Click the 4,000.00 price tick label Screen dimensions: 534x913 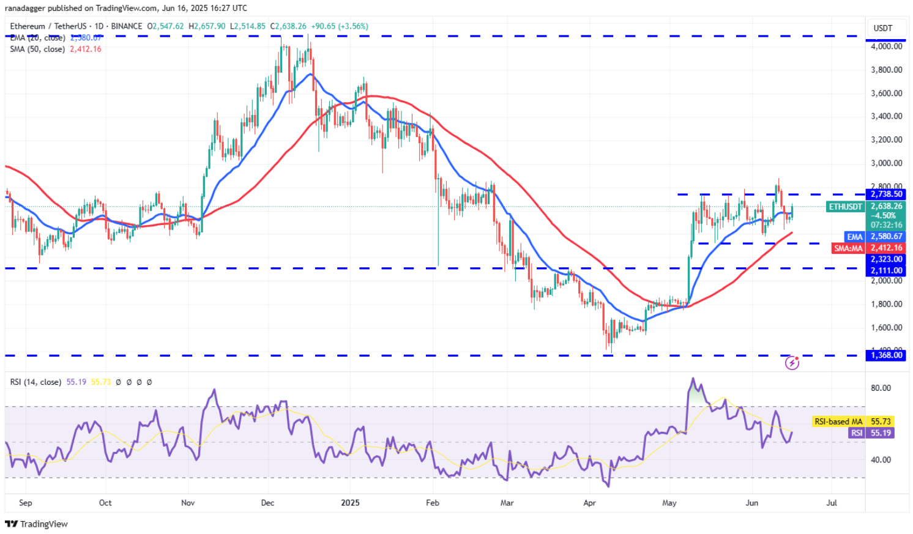tap(886, 46)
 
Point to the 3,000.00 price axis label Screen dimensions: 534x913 tap(886, 163)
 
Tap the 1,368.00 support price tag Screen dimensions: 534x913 tap(886, 355)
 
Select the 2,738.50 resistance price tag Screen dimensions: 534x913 tap(886, 195)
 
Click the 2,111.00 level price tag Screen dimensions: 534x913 tap(886, 270)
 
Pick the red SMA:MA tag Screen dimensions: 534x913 tap(848, 248)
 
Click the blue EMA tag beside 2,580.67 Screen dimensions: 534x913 tap(855, 237)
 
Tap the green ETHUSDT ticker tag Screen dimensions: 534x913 tap(846, 207)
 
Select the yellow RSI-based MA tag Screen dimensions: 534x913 tap(838, 421)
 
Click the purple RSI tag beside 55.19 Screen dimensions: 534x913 tap(857, 433)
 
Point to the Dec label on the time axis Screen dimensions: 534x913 tap(267, 503)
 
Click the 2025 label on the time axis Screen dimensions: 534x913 tap(350, 503)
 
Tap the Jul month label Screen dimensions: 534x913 tap(832, 503)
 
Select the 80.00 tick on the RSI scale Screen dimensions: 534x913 tap(881, 388)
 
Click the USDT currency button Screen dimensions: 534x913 tap(882, 28)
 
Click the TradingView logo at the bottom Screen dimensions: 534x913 tap(37, 524)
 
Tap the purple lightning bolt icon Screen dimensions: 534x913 tap(792, 363)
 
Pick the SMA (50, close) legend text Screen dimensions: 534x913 tap(37, 50)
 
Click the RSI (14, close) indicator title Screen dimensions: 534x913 tap(35, 382)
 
